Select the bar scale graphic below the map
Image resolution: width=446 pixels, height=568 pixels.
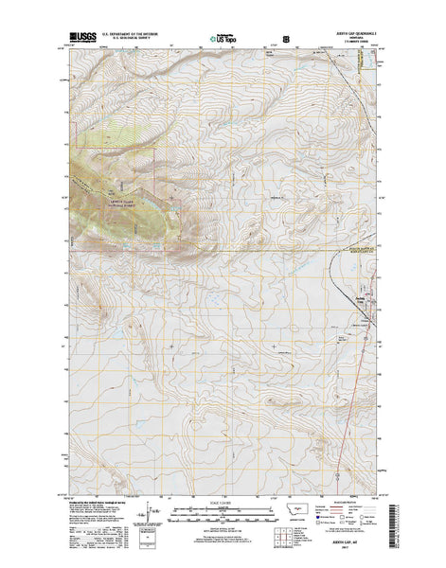coord(223,511)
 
